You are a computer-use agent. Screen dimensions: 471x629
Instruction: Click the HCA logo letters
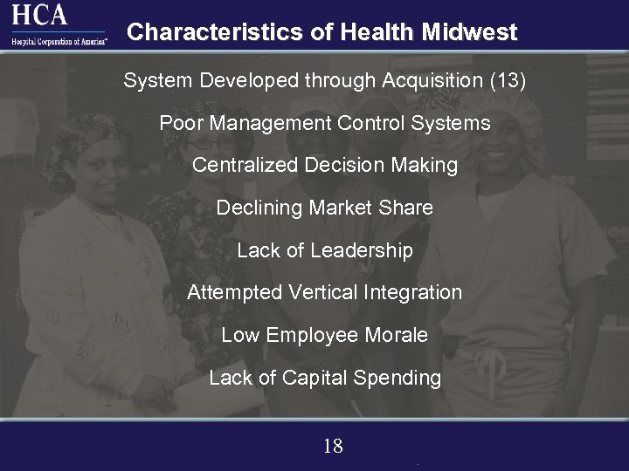point(39,15)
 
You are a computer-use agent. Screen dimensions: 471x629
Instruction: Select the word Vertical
point(315,293)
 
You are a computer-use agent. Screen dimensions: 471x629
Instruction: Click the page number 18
point(333,447)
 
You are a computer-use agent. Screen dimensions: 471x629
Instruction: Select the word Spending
point(403,378)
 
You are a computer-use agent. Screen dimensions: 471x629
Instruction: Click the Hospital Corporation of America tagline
point(59,40)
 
